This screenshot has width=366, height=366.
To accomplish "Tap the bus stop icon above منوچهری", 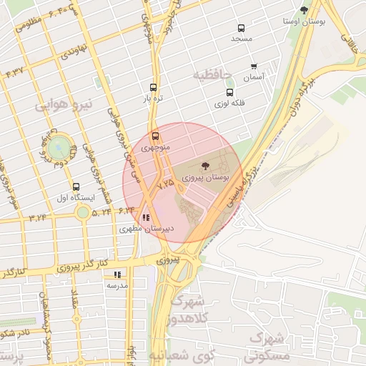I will [x=155, y=136].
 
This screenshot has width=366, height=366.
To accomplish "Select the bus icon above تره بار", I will [x=152, y=86].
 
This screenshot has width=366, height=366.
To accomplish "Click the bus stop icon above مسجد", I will [x=241, y=29].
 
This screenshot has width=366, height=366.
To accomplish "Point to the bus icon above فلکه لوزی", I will [x=229, y=92].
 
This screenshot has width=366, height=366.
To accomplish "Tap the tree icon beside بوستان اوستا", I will [x=304, y=10].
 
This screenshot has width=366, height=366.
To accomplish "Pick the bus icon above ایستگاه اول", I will [x=76, y=187].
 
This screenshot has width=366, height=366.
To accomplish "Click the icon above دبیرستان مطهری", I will [x=146, y=218].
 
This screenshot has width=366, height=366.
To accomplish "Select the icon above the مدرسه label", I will [x=117, y=274].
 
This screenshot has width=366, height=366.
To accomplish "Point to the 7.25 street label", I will [x=165, y=183].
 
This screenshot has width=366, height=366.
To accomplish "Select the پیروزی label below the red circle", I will [x=172, y=261].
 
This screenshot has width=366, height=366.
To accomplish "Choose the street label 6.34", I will [x=127, y=209].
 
